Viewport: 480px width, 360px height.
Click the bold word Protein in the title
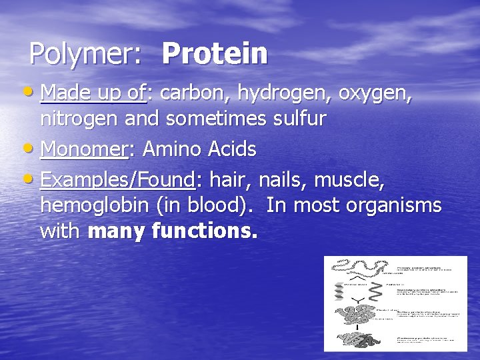pos(214,53)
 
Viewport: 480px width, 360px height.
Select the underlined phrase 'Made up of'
pos(93,95)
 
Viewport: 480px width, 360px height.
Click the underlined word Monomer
pos(83,149)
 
